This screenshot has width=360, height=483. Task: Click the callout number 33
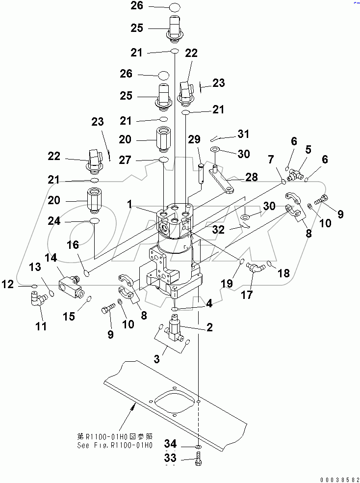[170, 459]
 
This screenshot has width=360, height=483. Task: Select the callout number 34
[170, 444]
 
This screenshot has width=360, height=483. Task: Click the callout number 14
[51, 258]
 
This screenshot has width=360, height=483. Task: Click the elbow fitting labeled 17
[255, 267]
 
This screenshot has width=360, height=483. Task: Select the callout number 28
[252, 177]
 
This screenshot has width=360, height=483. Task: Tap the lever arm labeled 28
[223, 180]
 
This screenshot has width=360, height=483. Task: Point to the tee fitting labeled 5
[295, 172]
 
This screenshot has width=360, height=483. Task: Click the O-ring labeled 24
[95, 222]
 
